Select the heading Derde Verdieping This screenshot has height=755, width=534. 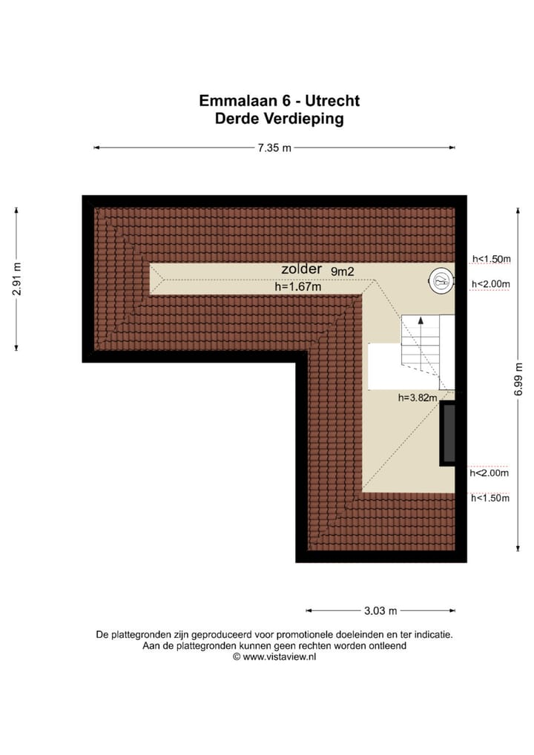point(279,118)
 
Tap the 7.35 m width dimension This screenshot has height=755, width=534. point(274,148)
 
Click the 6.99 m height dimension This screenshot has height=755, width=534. point(519,378)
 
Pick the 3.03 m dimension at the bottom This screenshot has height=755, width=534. point(380,611)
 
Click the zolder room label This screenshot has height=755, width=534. point(301,269)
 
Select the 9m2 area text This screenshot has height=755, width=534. point(342,271)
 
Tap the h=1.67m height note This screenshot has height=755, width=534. point(297,287)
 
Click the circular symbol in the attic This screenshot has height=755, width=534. point(441,280)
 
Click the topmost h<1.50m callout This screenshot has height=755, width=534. point(492,259)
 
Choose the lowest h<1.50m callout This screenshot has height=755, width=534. point(490,498)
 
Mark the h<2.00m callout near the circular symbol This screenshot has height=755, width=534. point(492,283)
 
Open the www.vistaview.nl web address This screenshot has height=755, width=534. point(280,656)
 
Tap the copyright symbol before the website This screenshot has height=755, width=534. point(237,656)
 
